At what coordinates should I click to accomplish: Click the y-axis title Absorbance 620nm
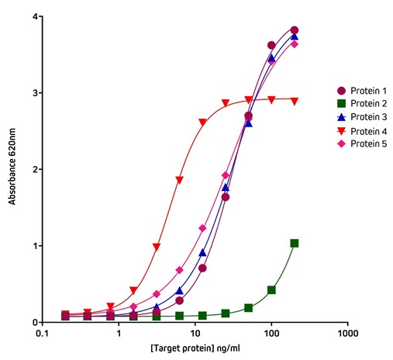pyautogui.click(x=12, y=168)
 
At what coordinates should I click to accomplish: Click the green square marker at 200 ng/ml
pyautogui.click(x=295, y=243)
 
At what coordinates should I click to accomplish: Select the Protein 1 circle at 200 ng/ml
pyautogui.click(x=295, y=30)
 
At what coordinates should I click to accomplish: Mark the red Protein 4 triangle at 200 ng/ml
pyautogui.click(x=295, y=101)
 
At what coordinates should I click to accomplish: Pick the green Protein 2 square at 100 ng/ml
pyautogui.click(x=271, y=289)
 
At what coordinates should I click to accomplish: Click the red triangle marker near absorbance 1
pyautogui.click(x=157, y=247)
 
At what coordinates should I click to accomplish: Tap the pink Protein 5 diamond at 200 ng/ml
pyautogui.click(x=295, y=44)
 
